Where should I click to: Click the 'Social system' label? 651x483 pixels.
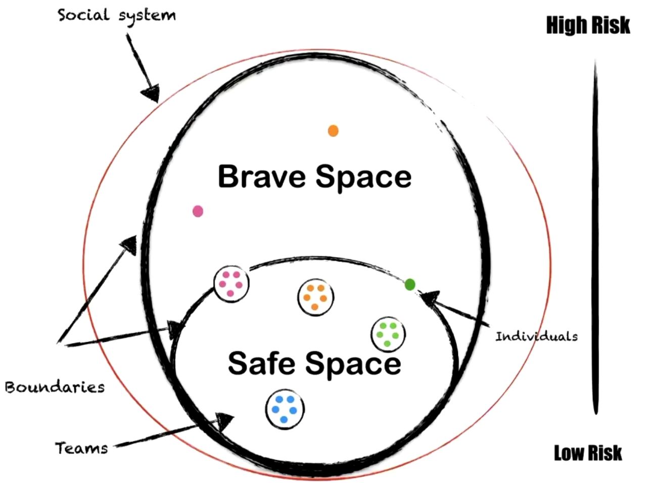[117, 15]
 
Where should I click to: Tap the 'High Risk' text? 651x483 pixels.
[588, 25]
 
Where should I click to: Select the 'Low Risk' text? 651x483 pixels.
[588, 453]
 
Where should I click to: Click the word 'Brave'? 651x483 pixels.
[262, 176]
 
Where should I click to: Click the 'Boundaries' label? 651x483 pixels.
[55, 387]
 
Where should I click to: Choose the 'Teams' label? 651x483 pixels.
[81, 448]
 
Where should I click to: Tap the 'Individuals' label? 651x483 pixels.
[536, 336]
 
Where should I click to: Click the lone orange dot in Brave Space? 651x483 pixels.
[333, 131]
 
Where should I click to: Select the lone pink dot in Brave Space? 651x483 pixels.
[198, 211]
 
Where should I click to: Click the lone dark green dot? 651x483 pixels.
[410, 284]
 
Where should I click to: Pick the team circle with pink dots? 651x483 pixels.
[231, 284]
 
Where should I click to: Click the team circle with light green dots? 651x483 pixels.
[388, 334]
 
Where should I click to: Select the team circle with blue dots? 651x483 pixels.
[285, 409]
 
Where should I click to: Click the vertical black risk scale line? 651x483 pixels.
[595, 237]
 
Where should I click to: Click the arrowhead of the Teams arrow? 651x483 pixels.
[225, 420]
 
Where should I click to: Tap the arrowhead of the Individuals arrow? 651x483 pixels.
[428, 299]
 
